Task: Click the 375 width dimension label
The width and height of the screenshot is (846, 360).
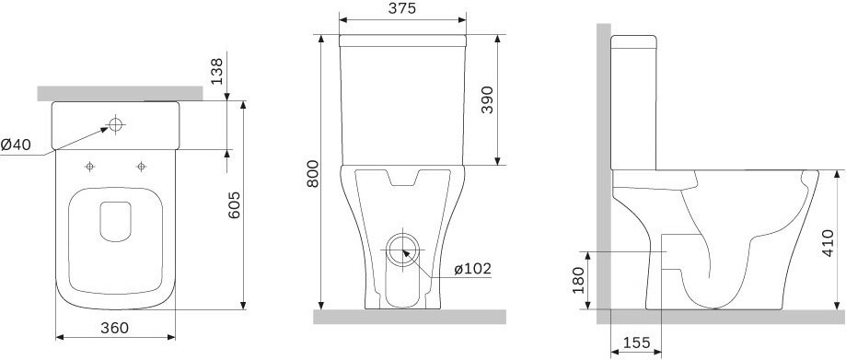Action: coord(402,8)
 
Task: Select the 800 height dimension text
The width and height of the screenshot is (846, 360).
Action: coord(313,174)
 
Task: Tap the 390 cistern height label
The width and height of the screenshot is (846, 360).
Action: coord(487,99)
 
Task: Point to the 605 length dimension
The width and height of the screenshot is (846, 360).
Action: coord(235,205)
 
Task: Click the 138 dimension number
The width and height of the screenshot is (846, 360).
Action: coord(216,71)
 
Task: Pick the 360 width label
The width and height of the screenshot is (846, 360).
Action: coord(114,328)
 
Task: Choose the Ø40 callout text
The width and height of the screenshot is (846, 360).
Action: coord(16,145)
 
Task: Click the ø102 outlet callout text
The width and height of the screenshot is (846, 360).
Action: coord(472,269)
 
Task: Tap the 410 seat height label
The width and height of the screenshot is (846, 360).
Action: coord(829,243)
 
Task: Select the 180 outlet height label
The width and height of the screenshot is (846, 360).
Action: coord(578,280)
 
